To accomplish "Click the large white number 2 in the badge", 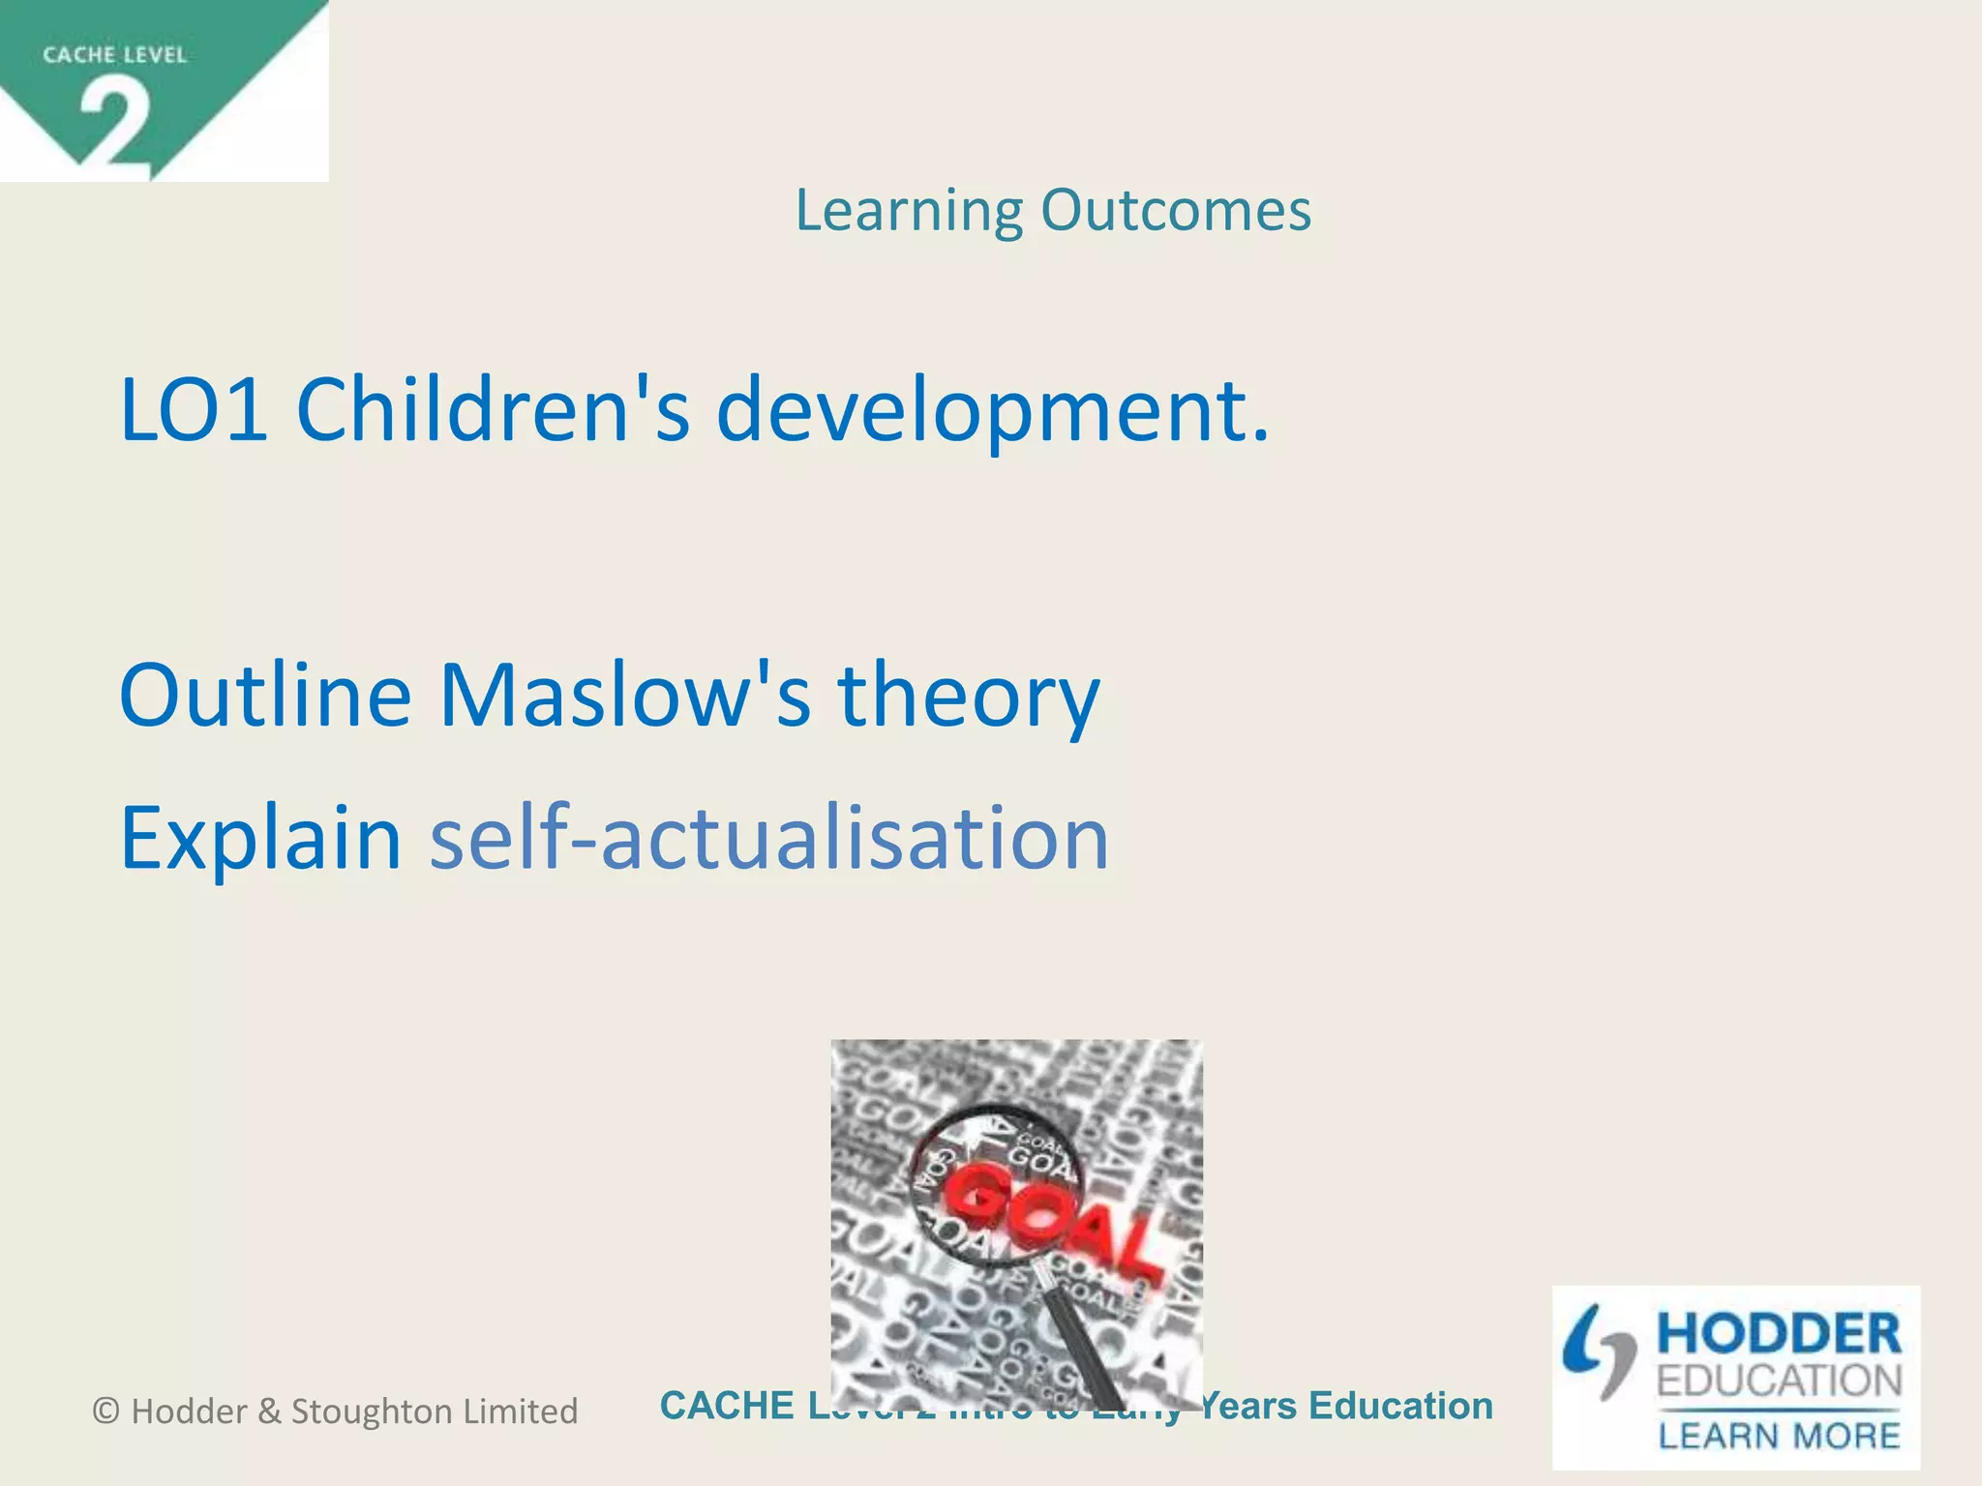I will tap(115, 124).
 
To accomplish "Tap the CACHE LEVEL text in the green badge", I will tap(114, 55).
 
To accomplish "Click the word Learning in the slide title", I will tap(909, 211).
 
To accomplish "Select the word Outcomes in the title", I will tap(1176, 210).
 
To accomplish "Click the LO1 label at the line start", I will tap(194, 410).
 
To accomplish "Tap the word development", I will tap(992, 412).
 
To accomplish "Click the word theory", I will tap(969, 697).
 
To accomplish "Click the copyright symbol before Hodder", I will tap(106, 1412).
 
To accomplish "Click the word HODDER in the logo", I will tap(1779, 1335).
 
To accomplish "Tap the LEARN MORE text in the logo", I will tap(1779, 1435).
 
